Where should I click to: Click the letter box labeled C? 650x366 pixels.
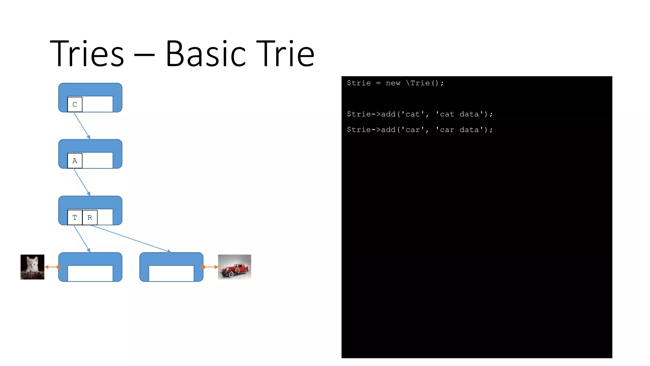coord(75,105)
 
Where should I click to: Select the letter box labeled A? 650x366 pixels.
coord(75,161)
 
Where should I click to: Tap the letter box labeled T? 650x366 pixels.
coord(75,218)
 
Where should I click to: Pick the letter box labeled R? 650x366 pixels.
coord(90,218)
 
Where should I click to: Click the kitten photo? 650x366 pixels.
coord(32,267)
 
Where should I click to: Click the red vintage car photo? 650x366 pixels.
coord(235,267)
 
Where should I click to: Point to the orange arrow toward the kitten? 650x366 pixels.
coord(52,267)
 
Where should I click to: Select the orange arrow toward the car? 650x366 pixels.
coord(210,267)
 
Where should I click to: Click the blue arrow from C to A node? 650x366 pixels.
coord(82,125)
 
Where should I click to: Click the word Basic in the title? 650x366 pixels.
coord(206,54)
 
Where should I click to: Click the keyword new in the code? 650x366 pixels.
coord(393,83)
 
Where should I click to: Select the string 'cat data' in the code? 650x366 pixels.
coord(460,114)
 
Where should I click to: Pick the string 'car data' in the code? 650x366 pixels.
coord(460,130)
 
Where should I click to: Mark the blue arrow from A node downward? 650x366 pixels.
coord(82,182)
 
